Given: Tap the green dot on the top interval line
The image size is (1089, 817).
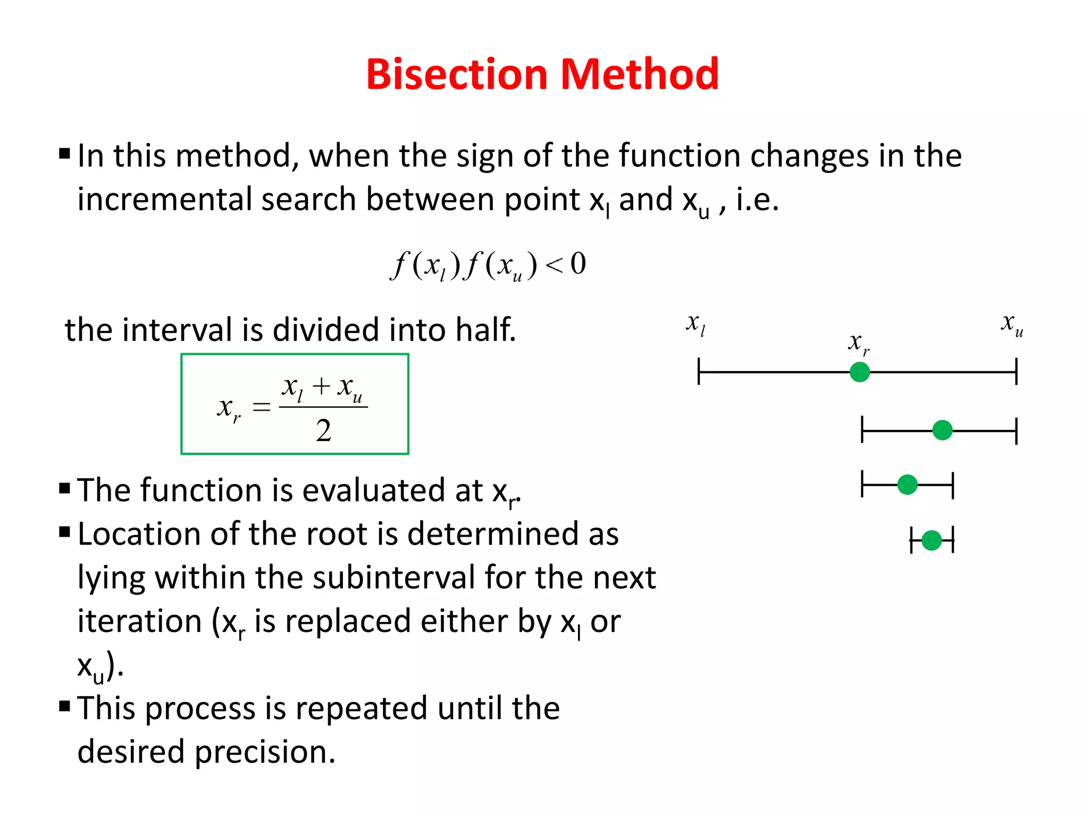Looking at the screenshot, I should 859,372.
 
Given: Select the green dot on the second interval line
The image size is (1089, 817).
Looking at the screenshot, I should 942,430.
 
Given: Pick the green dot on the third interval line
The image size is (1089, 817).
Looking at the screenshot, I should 907,485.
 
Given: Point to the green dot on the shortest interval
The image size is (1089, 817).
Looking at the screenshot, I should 931,540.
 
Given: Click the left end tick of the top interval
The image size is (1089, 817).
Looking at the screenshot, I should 699,371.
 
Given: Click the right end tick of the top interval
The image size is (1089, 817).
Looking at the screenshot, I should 1016,371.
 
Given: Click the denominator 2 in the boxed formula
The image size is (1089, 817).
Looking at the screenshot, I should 323,431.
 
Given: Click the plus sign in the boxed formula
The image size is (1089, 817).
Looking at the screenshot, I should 321,386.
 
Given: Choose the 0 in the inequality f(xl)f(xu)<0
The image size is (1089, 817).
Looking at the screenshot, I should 578,264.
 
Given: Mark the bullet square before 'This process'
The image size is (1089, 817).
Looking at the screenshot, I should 65,706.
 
